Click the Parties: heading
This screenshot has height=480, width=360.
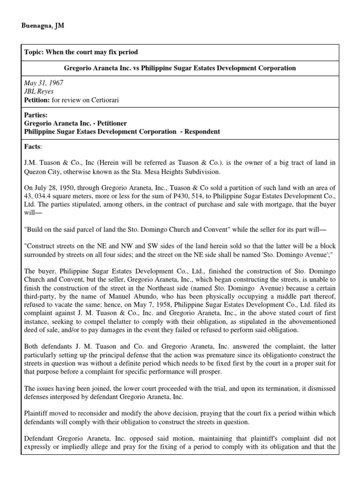tap(36, 115)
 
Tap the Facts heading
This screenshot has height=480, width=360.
tap(33, 147)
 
